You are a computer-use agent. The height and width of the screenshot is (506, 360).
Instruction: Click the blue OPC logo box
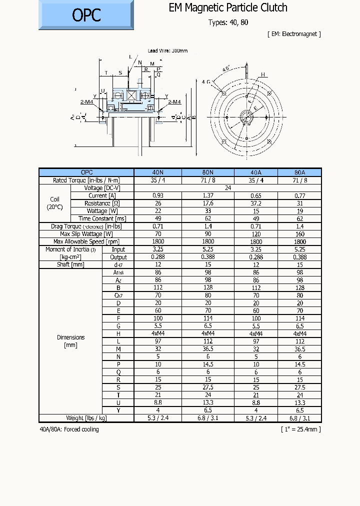(x=86, y=15)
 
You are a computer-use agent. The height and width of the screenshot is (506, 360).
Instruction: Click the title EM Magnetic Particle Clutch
(x=228, y=7)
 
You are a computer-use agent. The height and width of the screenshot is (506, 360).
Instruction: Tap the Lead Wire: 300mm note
(x=168, y=51)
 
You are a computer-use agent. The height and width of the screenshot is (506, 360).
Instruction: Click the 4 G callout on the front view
(x=206, y=81)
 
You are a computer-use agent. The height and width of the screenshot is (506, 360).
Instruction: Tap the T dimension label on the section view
(x=106, y=73)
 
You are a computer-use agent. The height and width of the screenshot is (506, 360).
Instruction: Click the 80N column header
(x=208, y=172)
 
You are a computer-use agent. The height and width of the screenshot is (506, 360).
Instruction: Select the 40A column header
(x=256, y=172)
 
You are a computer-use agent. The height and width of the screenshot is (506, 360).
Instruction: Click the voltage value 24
(x=228, y=188)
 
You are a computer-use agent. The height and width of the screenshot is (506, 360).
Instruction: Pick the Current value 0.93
(x=158, y=195)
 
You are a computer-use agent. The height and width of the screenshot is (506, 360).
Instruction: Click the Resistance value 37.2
(x=256, y=203)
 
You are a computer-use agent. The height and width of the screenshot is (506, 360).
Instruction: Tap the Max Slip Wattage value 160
(x=299, y=234)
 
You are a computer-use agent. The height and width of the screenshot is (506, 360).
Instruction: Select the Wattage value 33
(x=208, y=211)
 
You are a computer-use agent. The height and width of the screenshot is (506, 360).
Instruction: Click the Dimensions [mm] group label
(x=70, y=341)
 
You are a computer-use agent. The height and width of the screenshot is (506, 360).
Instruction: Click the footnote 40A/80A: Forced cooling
(x=69, y=429)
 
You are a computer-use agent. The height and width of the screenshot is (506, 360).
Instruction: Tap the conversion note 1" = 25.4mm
(x=300, y=429)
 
